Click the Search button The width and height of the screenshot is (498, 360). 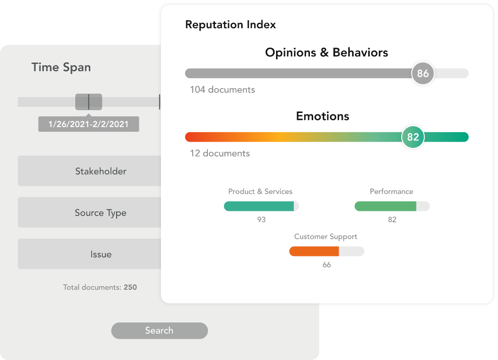(x=159, y=330)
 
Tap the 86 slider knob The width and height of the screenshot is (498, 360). (x=423, y=73)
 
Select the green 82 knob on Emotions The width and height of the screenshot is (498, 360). (x=413, y=137)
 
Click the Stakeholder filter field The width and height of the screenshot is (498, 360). (x=89, y=171)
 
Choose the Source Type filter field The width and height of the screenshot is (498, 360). (x=89, y=212)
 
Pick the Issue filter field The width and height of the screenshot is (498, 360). (x=89, y=254)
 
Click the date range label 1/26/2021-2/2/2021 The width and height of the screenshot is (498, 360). (x=88, y=124)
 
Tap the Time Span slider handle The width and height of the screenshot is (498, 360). (x=88, y=102)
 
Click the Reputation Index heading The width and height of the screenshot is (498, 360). (x=230, y=24)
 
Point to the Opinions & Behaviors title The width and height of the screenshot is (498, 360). (x=326, y=52)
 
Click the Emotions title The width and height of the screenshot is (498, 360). (x=323, y=116)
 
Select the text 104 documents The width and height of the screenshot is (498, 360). (x=222, y=89)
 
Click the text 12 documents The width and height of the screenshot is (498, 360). (x=220, y=153)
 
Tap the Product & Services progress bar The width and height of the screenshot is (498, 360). (x=261, y=206)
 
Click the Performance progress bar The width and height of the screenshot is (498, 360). (x=392, y=206)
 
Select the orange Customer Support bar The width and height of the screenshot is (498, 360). (x=314, y=251)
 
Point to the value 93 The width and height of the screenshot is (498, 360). (x=261, y=220)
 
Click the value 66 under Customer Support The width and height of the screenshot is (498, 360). (x=326, y=264)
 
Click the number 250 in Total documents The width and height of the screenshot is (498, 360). (x=130, y=287)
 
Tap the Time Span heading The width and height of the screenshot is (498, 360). (x=61, y=67)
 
